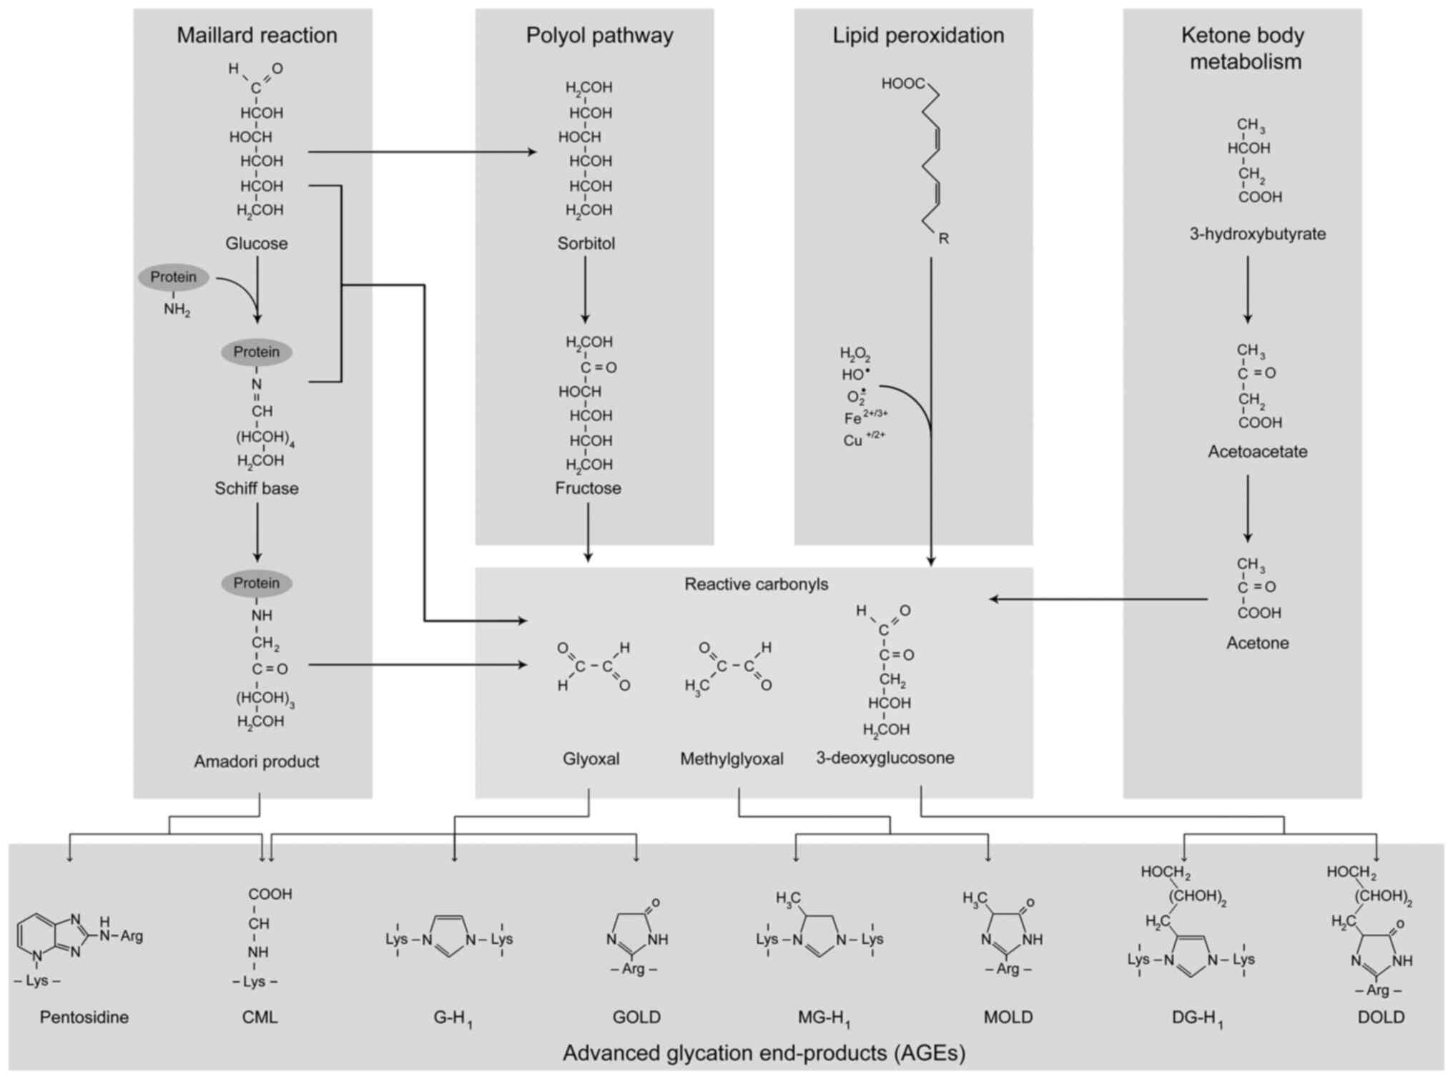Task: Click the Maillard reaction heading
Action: [257, 35]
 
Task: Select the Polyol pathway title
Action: [599, 35]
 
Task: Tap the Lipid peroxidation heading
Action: [917, 35]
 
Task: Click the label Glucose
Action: [257, 243]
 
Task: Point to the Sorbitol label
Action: [586, 243]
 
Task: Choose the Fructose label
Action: [588, 488]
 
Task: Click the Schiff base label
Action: [257, 488]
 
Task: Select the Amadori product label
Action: [257, 762]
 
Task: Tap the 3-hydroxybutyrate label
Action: [1257, 234]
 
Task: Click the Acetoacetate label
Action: [1257, 452]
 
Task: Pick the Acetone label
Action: [1257, 643]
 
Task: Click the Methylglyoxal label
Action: [732, 759]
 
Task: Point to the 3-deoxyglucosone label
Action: [885, 758]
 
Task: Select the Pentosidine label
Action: [84, 1017]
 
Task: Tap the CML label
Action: [260, 1017]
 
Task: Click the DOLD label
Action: [1381, 1017]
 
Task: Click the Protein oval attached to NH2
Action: [174, 277]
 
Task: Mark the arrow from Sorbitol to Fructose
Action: [586, 290]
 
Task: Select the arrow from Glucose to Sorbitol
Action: [422, 152]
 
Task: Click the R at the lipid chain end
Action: [943, 239]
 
